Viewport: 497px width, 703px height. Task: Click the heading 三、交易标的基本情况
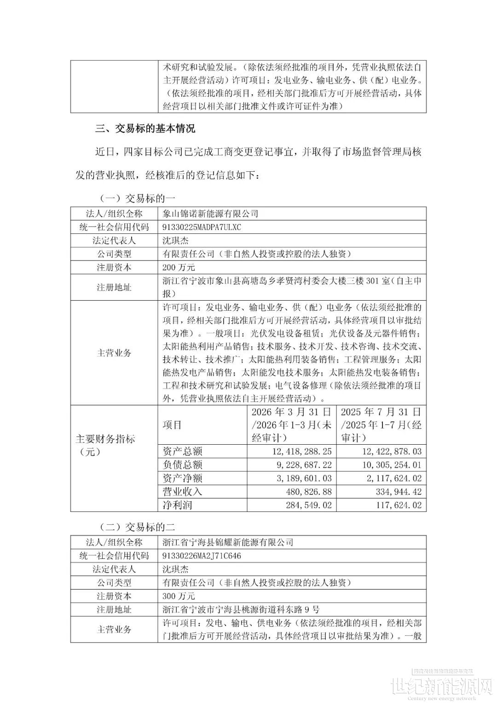click(145, 128)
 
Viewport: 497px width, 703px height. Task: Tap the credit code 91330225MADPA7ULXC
click(202, 227)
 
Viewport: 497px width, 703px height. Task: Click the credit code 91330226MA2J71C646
click(202, 556)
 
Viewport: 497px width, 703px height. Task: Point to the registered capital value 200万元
click(179, 267)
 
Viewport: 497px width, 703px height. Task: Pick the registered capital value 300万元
click(179, 596)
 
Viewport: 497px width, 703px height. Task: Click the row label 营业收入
click(183, 492)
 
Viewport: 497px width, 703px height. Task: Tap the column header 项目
click(172, 424)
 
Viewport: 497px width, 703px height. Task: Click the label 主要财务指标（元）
click(105, 445)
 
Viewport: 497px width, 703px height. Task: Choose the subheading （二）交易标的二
click(137, 527)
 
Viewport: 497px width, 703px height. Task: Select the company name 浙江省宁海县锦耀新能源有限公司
click(228, 542)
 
